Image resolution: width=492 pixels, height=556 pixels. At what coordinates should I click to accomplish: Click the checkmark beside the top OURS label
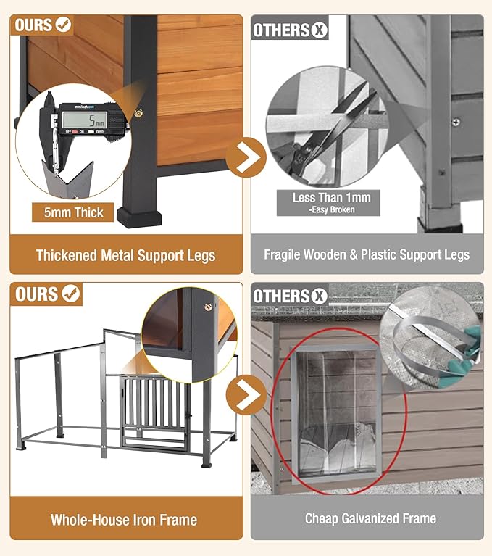64,25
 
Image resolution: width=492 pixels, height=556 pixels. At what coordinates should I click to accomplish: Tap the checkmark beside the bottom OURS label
71,294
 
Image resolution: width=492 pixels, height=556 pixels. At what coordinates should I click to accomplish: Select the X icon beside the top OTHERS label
319,30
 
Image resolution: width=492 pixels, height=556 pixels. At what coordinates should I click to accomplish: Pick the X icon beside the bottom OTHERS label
319,296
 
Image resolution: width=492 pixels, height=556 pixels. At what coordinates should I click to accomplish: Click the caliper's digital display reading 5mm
84,120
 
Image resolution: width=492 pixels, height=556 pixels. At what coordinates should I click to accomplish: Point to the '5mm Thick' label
73,212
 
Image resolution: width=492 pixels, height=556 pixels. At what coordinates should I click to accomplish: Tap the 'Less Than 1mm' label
331,197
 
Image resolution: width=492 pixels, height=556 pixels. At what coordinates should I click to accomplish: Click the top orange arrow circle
246,157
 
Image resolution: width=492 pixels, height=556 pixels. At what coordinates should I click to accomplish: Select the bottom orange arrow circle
246,394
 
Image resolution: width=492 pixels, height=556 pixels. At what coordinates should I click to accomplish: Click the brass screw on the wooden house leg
138,113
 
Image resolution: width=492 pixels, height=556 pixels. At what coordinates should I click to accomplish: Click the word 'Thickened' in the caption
67,255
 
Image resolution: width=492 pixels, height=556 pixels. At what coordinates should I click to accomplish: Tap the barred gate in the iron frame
155,411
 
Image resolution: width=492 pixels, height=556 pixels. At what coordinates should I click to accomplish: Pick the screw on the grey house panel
456,123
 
